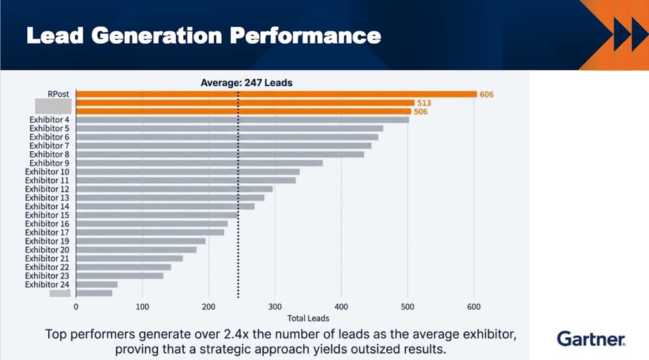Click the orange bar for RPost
click(x=276, y=94)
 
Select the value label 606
click(x=487, y=94)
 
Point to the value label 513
click(x=424, y=103)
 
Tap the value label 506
click(x=420, y=112)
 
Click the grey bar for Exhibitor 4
click(x=242, y=120)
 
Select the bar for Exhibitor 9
click(x=199, y=163)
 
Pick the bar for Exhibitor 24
click(x=96, y=285)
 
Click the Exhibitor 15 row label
click(x=48, y=215)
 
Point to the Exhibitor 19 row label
click(x=48, y=241)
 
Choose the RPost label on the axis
click(x=58, y=94)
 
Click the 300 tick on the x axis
click(x=275, y=307)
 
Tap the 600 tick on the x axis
click(x=473, y=307)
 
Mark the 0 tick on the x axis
click(x=76, y=307)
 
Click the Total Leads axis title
click(x=308, y=318)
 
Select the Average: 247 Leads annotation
click(x=246, y=82)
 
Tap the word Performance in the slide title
click(x=305, y=35)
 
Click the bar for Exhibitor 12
click(x=174, y=189)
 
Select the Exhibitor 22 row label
click(x=48, y=267)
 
